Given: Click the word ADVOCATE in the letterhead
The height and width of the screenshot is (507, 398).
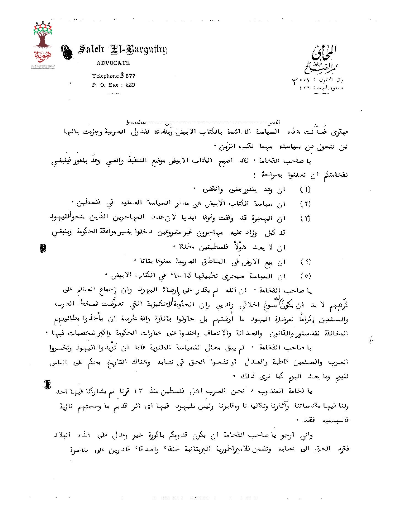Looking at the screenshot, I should click(x=113, y=63).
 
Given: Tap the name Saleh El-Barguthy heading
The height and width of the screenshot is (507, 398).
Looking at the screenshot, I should click(x=123, y=50).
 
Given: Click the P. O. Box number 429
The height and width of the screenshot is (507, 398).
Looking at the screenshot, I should click(x=130, y=85).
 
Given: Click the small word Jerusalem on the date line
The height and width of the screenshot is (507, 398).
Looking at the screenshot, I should click(x=136, y=122).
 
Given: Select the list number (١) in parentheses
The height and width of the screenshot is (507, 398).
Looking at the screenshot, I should click(x=305, y=190).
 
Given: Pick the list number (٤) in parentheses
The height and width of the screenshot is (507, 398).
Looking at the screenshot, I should click(x=305, y=262).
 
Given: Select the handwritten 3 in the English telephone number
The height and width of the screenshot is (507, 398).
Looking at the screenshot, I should click(x=122, y=75).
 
